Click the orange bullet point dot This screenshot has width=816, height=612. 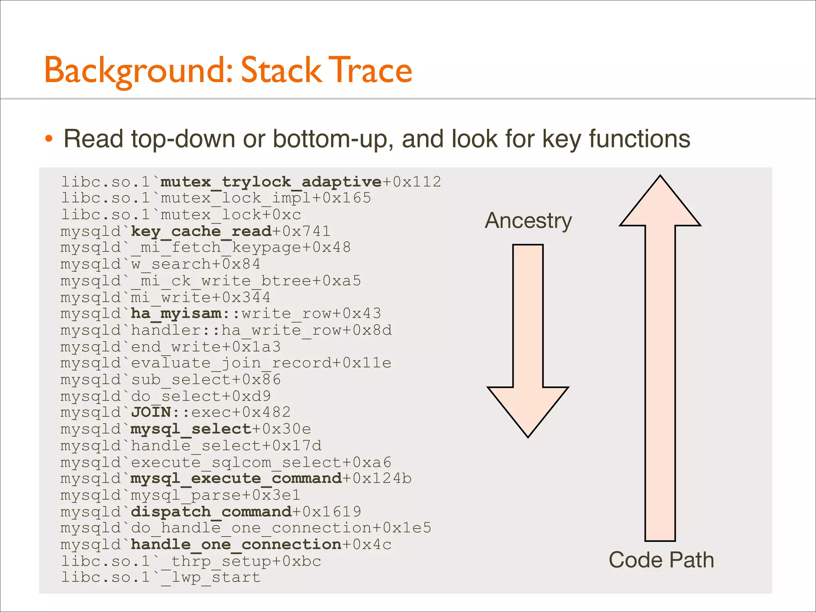49,139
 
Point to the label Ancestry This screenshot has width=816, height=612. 528,221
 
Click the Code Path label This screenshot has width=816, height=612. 661,560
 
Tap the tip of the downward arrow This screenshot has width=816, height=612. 528,436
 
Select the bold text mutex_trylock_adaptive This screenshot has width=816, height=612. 271,182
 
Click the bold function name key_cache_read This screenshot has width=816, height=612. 201,231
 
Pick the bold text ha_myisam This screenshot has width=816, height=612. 176,314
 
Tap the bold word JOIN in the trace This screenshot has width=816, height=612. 151,412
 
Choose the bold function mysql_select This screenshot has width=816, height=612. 191,429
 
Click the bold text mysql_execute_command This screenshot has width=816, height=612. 236,478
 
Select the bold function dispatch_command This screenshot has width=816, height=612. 211,512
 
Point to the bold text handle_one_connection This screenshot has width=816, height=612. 236,544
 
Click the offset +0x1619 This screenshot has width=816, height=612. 327,512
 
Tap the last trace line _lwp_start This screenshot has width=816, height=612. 211,577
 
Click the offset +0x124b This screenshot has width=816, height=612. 377,478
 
